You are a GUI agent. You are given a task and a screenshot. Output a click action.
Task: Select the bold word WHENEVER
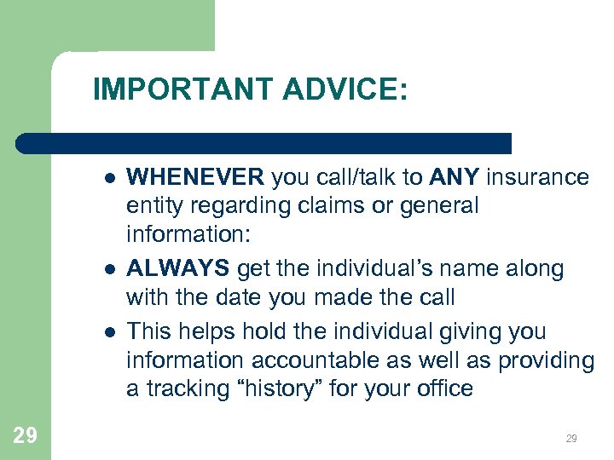tap(195, 177)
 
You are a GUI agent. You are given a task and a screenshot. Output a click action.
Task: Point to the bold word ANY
tap(453, 177)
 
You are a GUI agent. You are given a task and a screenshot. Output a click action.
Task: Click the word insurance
tap(537, 177)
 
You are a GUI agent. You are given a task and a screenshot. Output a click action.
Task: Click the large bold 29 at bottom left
tap(26, 436)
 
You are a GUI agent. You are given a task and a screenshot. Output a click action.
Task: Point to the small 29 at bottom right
tap(571, 439)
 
